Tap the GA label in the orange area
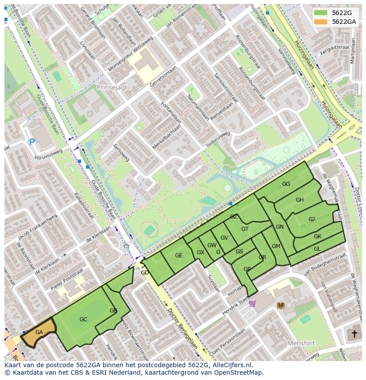point(39,332)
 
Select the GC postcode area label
point(83,319)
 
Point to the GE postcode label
point(179,256)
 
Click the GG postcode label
point(286,184)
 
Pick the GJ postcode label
point(312,219)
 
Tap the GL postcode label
point(317,249)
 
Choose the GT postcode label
point(245,229)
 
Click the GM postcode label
point(276,246)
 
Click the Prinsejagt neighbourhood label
point(112,87)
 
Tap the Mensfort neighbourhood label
point(301,343)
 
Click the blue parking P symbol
point(31,142)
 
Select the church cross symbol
point(354,334)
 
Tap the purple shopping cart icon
point(252,303)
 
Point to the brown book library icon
point(280,305)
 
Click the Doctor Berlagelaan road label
point(183,327)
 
